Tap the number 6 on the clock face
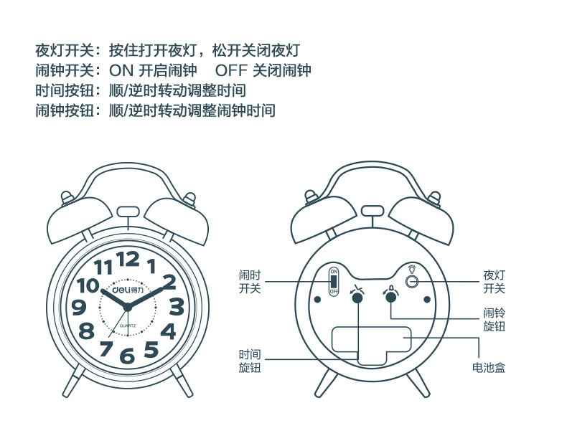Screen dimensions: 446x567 pos(127,355)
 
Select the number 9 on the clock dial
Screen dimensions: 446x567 pos(79,308)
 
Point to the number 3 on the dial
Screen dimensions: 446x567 pos(176,308)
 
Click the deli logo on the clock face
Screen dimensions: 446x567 pos(127,290)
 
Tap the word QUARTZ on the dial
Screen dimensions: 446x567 pos(128,326)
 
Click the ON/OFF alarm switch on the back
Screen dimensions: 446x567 pos(334,282)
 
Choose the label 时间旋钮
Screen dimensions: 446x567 pos(250,361)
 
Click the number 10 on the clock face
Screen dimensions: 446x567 pos(88,285)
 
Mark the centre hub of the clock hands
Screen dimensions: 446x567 pos(128,308)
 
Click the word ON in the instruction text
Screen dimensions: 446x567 pos(121,71)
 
